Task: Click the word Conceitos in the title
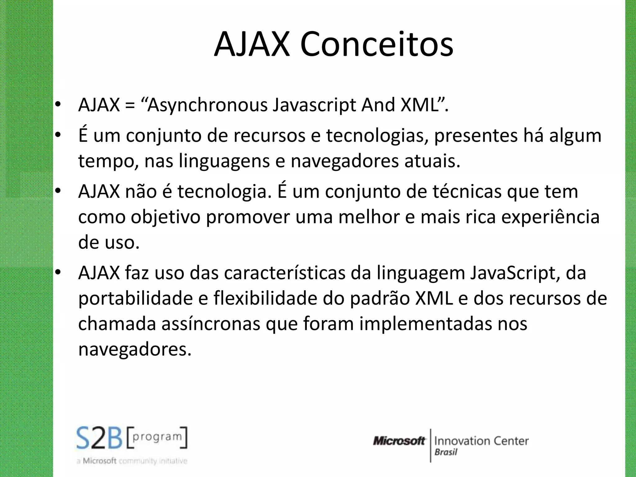(x=376, y=44)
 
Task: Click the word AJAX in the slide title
(x=252, y=44)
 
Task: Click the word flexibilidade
(x=265, y=299)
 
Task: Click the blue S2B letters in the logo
(x=99, y=438)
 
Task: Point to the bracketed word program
(x=157, y=437)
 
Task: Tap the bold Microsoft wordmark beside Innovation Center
(x=399, y=441)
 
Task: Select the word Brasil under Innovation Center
(x=446, y=452)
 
